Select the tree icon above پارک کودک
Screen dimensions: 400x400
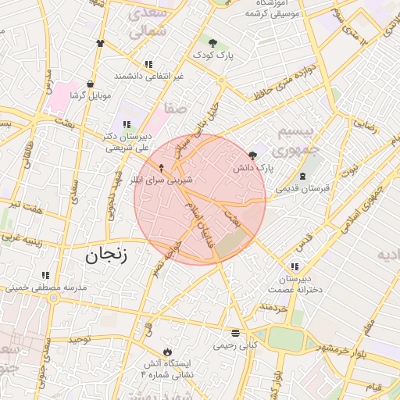[x=212, y=41]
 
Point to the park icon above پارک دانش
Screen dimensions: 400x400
[x=252, y=155]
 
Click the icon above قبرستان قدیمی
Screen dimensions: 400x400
[x=302, y=177]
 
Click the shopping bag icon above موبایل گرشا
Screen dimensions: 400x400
[x=91, y=83]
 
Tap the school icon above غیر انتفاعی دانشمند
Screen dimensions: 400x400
[x=148, y=64]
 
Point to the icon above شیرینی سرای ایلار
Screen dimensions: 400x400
[x=162, y=166]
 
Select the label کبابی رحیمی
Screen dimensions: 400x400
[x=236, y=345]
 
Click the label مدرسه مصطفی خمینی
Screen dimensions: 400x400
[x=48, y=287]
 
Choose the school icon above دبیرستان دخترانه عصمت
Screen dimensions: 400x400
[x=295, y=266]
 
